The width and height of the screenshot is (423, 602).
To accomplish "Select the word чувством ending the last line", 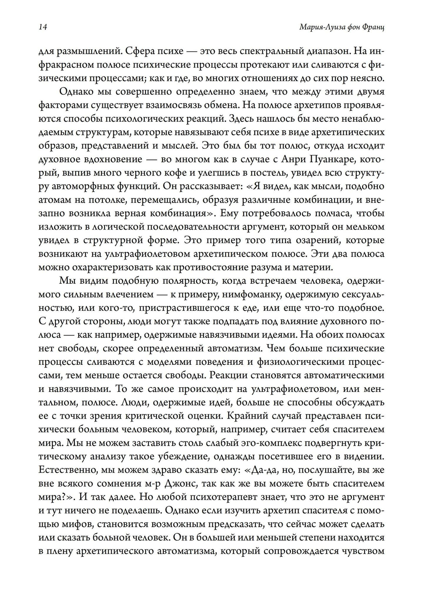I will point(363,551).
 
